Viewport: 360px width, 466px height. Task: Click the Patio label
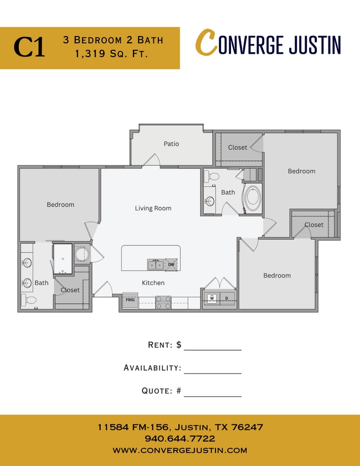click(x=171, y=144)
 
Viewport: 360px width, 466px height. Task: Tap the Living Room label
click(x=153, y=208)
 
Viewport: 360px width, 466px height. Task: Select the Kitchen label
click(x=153, y=283)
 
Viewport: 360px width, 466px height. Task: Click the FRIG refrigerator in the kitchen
click(x=130, y=300)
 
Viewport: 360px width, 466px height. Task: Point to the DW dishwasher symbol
click(x=171, y=264)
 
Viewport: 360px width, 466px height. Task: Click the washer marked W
click(x=212, y=298)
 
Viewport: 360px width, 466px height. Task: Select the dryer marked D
click(x=227, y=298)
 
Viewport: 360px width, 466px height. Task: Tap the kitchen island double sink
click(x=156, y=264)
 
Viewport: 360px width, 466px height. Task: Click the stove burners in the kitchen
click(x=163, y=302)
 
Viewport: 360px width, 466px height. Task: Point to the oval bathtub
click(x=253, y=197)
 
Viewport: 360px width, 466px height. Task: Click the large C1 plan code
click(x=29, y=47)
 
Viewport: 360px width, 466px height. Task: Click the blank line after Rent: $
click(x=213, y=350)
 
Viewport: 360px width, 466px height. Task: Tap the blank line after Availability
click(x=213, y=373)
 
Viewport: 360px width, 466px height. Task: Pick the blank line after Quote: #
click(x=213, y=396)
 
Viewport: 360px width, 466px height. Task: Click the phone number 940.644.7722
click(x=180, y=439)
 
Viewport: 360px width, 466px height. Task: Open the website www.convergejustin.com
click(x=180, y=450)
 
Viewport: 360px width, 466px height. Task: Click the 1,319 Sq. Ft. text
click(x=112, y=54)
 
